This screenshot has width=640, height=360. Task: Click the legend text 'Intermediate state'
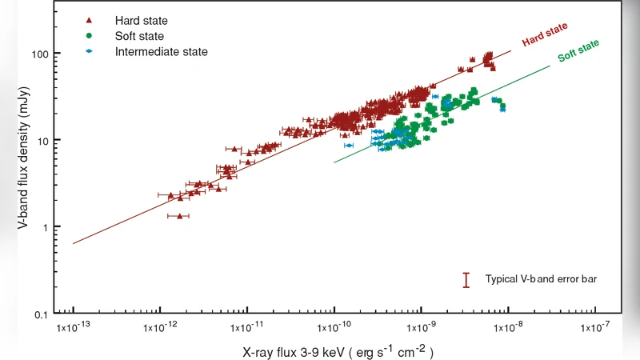[161, 52]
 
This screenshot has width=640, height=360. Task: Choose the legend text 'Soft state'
[139, 36]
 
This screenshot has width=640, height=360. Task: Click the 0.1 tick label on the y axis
[41, 314]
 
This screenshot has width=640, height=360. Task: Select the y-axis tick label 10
[42, 140]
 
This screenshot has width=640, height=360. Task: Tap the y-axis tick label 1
[46, 227]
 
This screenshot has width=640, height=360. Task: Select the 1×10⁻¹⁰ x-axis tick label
[334, 328]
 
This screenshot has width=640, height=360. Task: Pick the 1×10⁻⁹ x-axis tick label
[422, 328]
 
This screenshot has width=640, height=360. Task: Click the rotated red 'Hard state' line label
[545, 35]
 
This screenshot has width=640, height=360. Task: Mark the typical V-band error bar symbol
[466, 280]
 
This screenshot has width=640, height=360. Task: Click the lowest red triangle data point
[180, 216]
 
